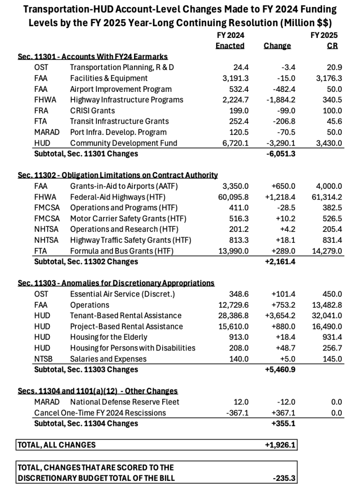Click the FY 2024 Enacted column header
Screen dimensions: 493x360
pos(230,41)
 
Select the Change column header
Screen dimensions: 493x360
pos(277,46)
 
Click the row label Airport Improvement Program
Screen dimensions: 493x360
pos(120,89)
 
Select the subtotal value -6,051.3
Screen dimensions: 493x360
pos(280,154)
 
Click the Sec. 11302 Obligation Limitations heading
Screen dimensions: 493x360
pos(117,175)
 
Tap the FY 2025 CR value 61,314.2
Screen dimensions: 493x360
pos(326,197)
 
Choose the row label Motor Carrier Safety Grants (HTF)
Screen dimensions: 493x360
pos(128,218)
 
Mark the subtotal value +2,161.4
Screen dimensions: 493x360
pos(280,261)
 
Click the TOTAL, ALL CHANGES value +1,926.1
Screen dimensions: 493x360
pos(280,445)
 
